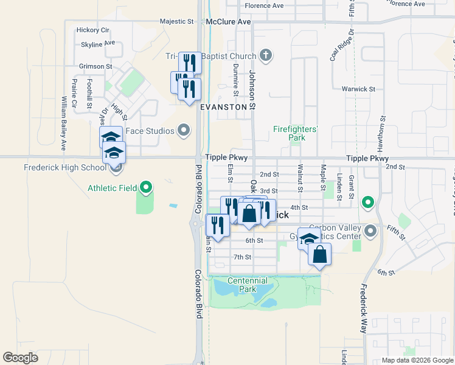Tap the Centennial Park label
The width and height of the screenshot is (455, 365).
248,285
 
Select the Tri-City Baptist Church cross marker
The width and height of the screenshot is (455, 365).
265,56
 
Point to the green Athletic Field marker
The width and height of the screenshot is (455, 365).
146,188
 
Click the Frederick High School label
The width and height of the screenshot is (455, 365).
64,167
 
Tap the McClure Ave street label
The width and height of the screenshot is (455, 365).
228,21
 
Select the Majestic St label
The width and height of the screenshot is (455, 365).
176,21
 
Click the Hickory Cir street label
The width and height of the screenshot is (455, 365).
92,30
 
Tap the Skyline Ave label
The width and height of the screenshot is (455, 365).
98,44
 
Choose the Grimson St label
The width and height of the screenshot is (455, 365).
96,66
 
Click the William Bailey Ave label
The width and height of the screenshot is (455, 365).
63,123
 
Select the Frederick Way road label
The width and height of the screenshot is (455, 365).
364,308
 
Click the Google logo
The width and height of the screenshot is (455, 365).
21,358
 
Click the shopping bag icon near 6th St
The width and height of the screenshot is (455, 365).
320,254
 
